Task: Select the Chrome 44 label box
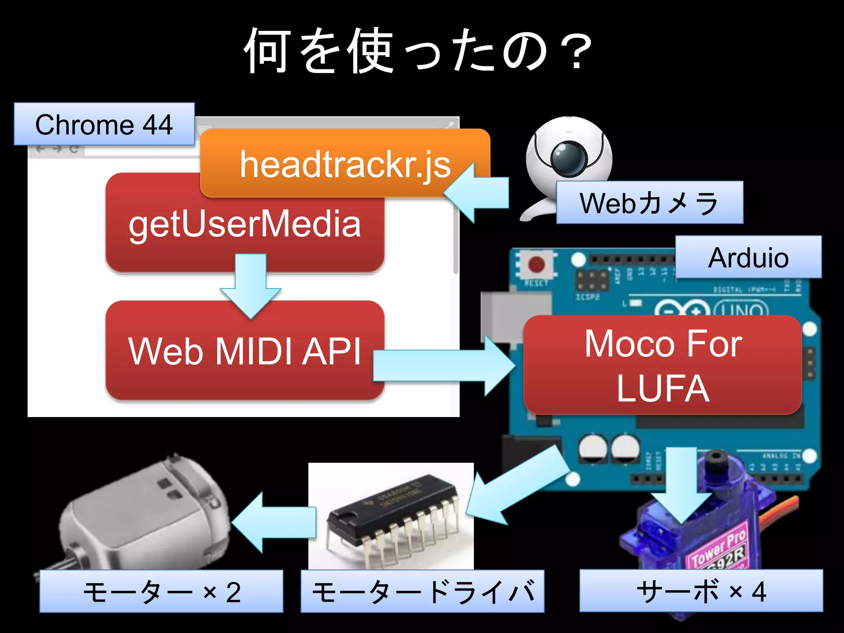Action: (104, 124)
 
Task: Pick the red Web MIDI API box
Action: (245, 351)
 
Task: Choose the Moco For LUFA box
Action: (662, 365)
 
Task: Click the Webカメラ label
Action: (649, 203)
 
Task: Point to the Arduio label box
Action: (748, 258)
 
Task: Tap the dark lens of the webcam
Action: (569, 157)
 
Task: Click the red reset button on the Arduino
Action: (536, 265)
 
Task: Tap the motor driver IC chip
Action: (392, 511)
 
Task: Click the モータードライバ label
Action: (422, 592)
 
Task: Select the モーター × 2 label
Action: (161, 592)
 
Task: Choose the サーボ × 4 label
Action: (701, 591)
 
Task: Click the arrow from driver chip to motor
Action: (274, 522)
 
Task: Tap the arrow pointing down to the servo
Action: (681, 486)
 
